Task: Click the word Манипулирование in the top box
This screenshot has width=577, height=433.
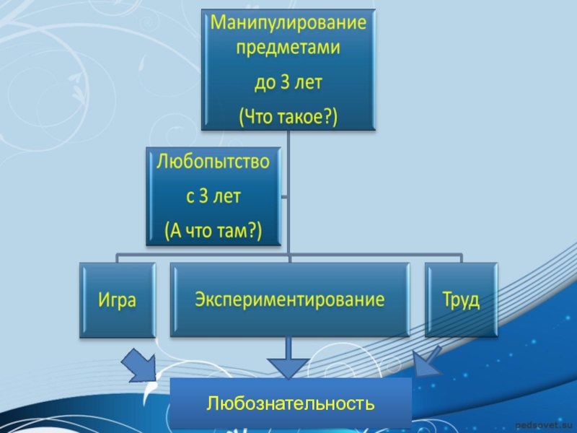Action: [x=288, y=23]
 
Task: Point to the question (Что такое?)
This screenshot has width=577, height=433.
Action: [x=288, y=115]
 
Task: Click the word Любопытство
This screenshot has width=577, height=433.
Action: [x=213, y=162]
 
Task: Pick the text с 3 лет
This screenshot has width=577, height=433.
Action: [x=213, y=196]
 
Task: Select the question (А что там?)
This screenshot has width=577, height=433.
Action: [x=213, y=230]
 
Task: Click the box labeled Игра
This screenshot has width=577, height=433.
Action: [x=118, y=299]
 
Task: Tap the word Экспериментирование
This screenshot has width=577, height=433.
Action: [x=289, y=299]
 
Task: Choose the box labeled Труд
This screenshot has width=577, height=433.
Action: [x=461, y=299]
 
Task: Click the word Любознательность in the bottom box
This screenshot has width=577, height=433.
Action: [x=290, y=403]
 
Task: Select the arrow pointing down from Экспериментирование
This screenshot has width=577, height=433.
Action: [x=288, y=360]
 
